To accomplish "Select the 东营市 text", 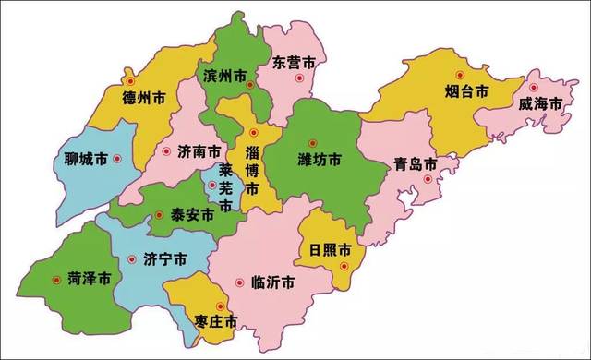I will click(295, 63).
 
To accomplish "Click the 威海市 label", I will click(539, 104).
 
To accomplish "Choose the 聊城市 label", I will click(84, 159).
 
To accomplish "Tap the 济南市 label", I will click(199, 151).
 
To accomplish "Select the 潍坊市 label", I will click(320, 160).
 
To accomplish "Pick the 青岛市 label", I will click(414, 164).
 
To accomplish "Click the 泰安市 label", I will click(191, 214).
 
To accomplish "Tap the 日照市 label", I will click(330, 249).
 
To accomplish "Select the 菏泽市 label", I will click(90, 277).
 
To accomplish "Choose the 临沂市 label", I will click(273, 282).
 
